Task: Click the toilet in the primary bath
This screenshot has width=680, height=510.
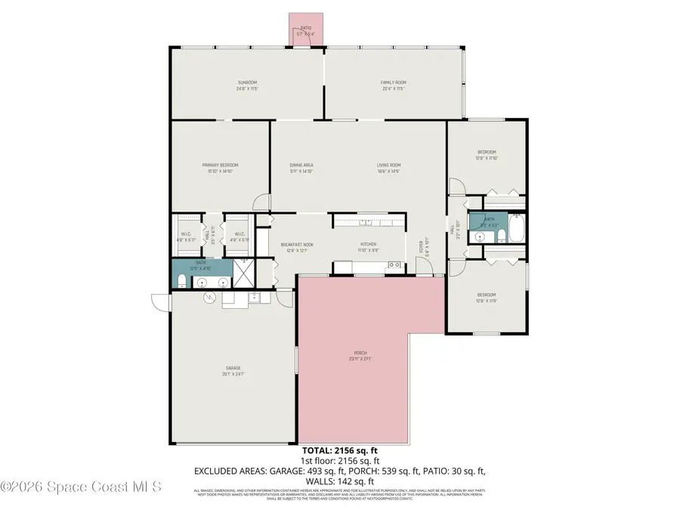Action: pos(182,282)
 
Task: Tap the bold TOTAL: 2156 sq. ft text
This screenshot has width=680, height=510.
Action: pos(339,450)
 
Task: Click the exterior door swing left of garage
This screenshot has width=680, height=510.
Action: pos(159,301)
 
